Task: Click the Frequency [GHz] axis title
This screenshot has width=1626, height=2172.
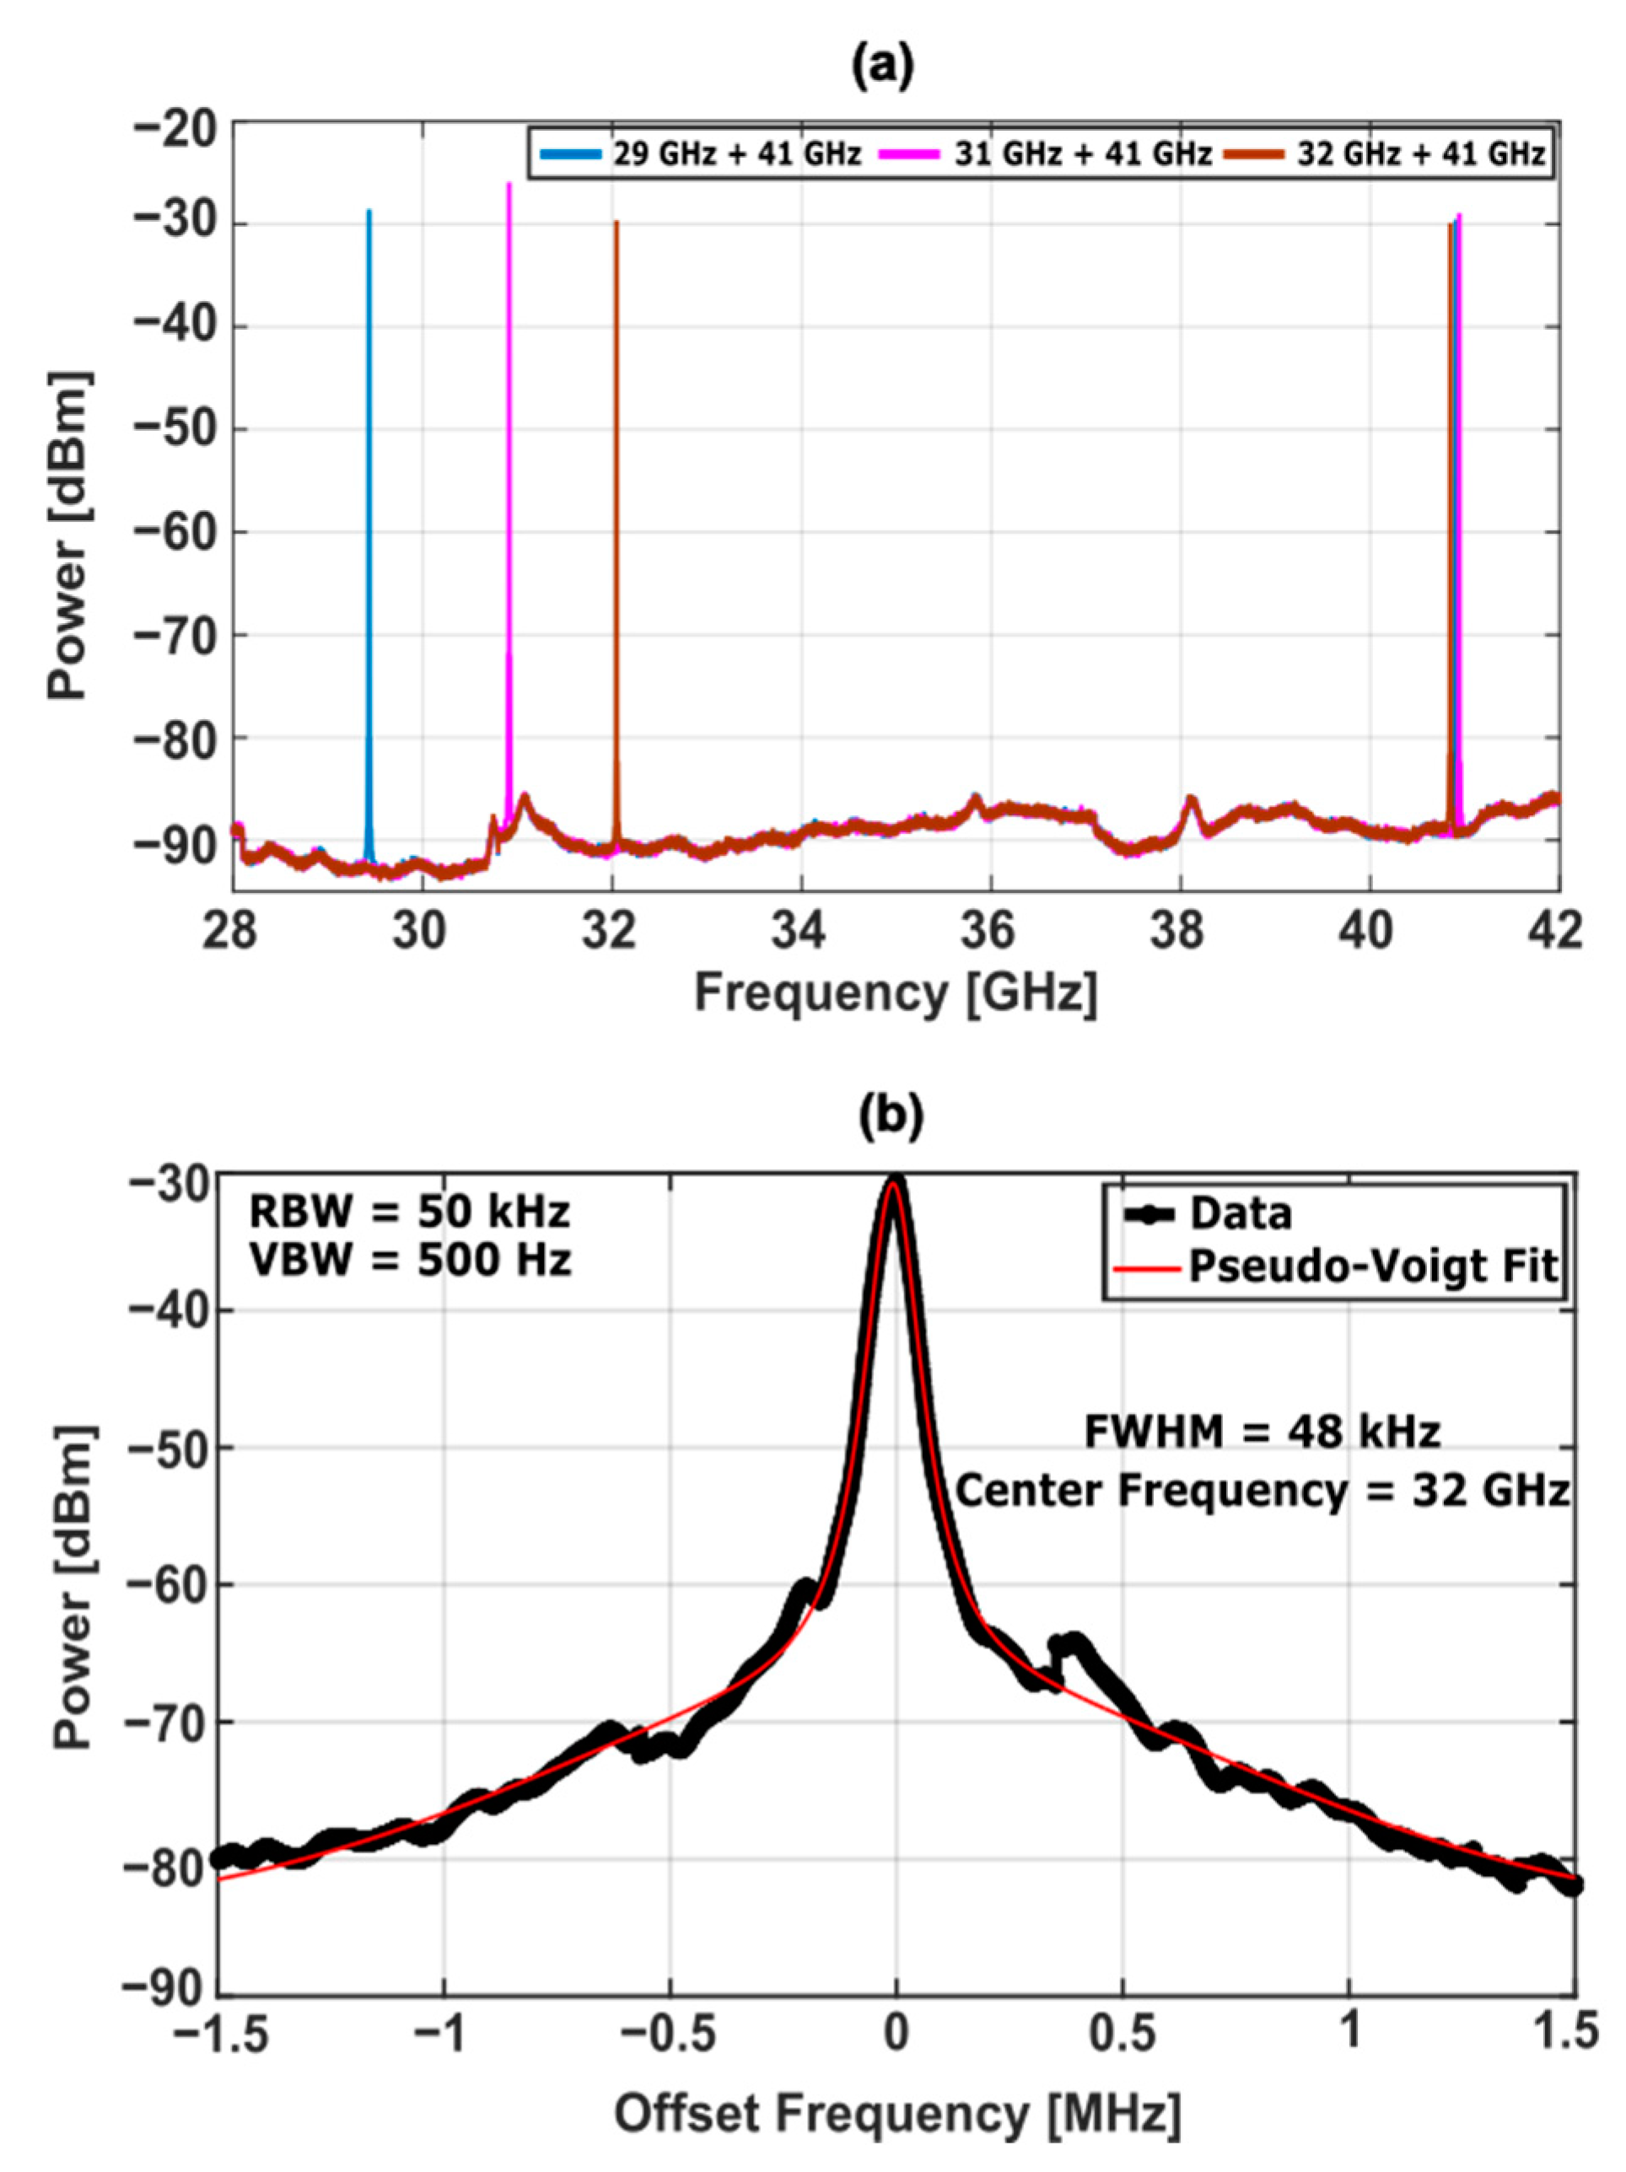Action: coord(896,994)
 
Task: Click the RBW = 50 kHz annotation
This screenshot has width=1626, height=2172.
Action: coord(408,1212)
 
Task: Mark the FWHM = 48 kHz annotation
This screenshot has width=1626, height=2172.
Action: coord(1262,1433)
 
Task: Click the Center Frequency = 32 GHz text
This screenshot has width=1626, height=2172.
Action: coord(1262,1492)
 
